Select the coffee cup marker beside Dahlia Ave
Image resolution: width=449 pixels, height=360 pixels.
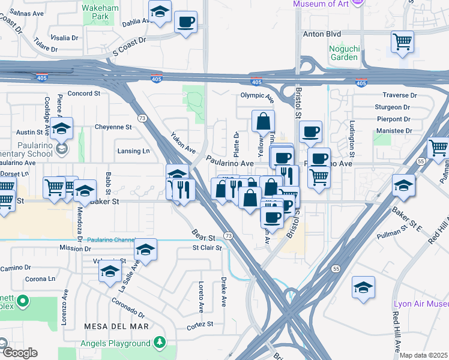[x=185, y=23]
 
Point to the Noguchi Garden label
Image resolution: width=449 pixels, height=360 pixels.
[x=343, y=53]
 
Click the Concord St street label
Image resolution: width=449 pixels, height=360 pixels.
[x=83, y=94]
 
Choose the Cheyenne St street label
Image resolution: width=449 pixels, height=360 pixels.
[x=113, y=127]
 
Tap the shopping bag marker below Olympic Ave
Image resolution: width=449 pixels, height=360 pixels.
[x=263, y=122]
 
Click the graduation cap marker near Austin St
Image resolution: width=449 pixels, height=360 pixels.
[x=61, y=129]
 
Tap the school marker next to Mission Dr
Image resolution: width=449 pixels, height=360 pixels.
[x=145, y=250]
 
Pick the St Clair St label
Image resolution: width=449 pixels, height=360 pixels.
[x=206, y=247]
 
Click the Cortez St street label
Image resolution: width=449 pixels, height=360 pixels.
[x=200, y=324]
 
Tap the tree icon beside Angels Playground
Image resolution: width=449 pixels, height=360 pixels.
[x=160, y=343]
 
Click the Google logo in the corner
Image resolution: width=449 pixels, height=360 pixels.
[x=19, y=353]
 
